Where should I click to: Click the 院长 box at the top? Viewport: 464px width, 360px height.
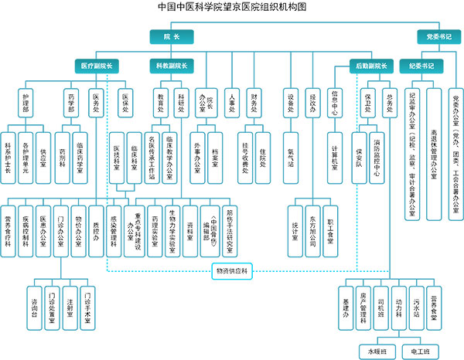pyautogui.click(x=171, y=36)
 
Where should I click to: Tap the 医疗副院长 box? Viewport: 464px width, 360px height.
pyautogui.click(x=97, y=66)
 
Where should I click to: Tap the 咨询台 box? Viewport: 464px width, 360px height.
pyautogui.click(x=34, y=301)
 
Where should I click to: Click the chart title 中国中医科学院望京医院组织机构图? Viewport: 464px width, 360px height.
pyautogui.click(x=232, y=8)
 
